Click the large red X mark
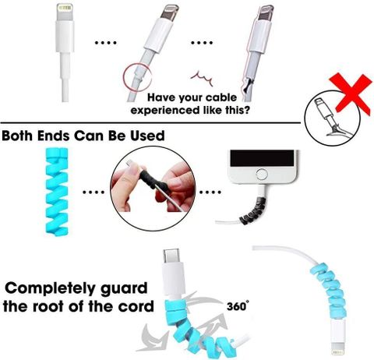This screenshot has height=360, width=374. [x=351, y=94]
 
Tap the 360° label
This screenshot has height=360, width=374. [x=236, y=306]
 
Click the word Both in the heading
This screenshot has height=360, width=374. [x=19, y=136]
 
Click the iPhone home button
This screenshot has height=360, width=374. [x=262, y=175]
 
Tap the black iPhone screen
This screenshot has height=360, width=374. [x=262, y=158]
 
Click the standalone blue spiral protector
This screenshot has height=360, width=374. [x=57, y=192]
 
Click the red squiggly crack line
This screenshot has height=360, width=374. [x=202, y=78]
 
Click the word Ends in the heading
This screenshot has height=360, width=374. [x=53, y=136]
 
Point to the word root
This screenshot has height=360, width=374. [x=50, y=306]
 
